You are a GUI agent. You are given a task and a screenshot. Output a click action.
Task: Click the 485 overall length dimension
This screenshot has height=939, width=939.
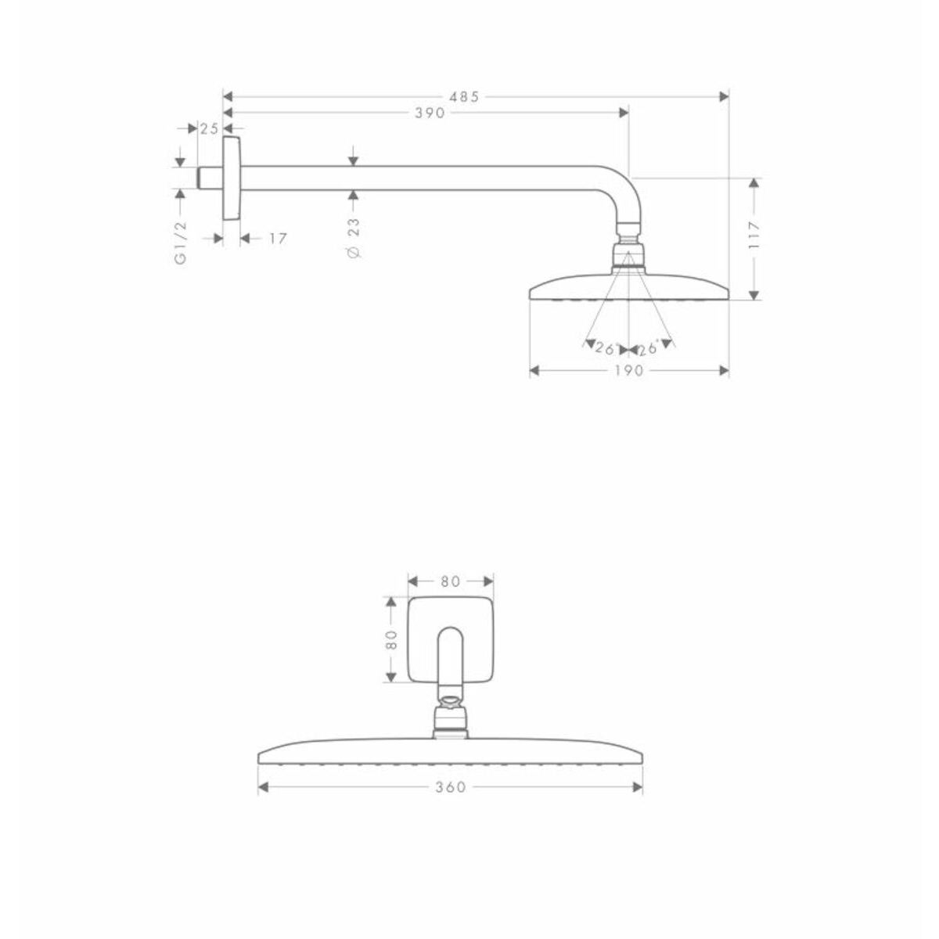pos(464,97)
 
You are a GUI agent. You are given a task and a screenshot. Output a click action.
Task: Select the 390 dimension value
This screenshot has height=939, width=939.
pos(430,113)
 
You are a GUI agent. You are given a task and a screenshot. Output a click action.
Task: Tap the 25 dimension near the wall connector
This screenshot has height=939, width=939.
pos(209,128)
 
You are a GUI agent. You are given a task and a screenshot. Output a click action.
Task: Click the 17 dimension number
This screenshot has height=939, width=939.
pos(278,239)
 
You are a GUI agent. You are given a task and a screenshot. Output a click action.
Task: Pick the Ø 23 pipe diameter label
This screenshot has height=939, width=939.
pos(354,238)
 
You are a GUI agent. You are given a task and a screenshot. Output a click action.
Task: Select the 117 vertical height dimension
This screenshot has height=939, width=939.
pos(754,236)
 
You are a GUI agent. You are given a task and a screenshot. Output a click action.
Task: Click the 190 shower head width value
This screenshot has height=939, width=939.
pos(628,371)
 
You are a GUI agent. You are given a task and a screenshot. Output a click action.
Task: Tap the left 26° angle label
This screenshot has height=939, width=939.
pos(606,348)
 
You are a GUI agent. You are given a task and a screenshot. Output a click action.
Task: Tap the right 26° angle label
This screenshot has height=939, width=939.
pos(648,348)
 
